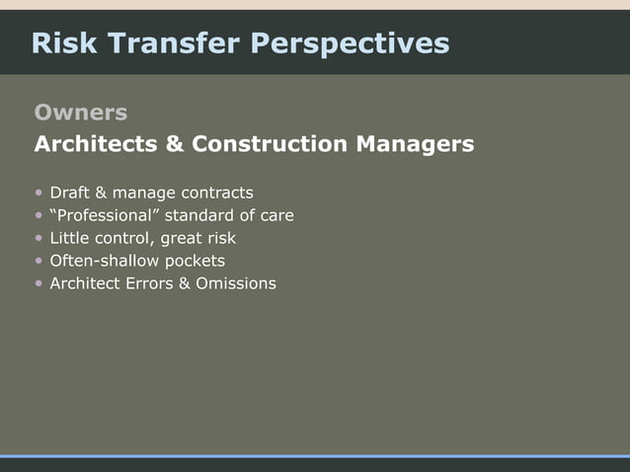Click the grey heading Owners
coord(81,112)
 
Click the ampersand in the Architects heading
coord(175,145)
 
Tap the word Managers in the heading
coord(415,145)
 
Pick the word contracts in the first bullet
coord(215,193)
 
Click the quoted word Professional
coord(106,215)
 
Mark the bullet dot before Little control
coord(39,239)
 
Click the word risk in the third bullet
coord(218,238)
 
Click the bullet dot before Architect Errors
coord(39,284)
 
